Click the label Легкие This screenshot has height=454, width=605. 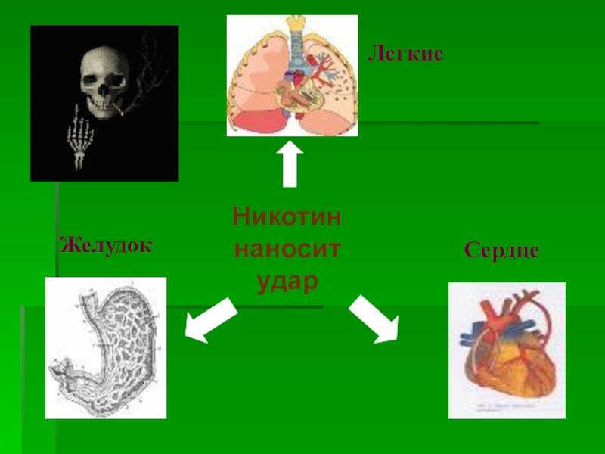click(405, 54)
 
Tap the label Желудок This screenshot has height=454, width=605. click(106, 245)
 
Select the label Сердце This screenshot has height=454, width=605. click(501, 250)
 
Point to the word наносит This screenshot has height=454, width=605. click(287, 249)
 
